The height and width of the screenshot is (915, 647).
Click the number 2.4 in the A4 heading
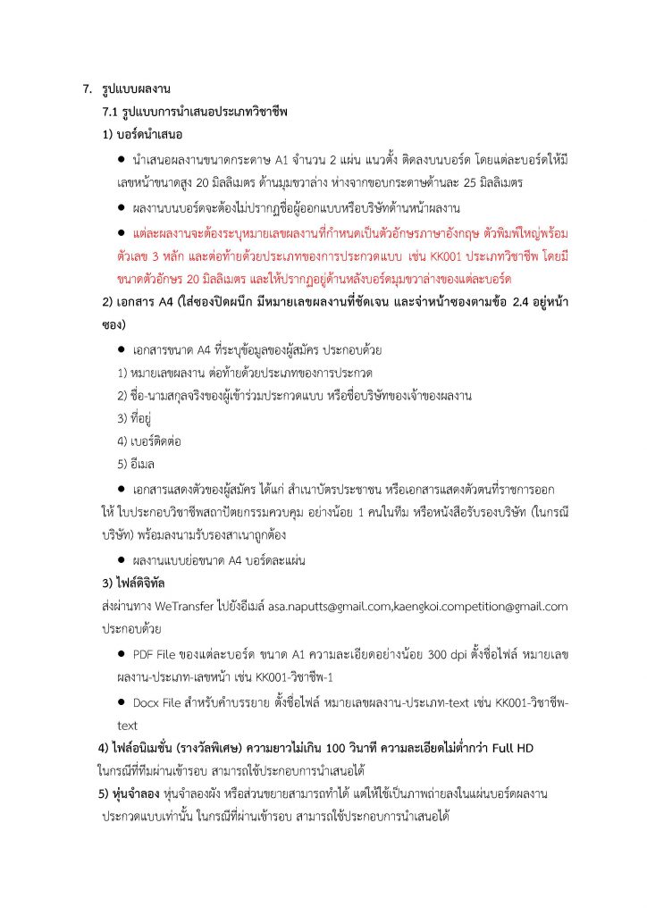tap(512, 301)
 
